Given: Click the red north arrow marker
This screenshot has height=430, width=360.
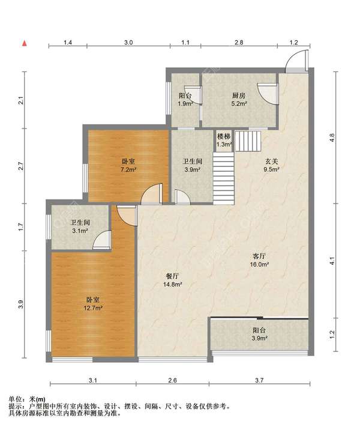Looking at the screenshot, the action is pos(25,43).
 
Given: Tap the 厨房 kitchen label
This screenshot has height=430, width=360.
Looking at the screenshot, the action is pos(239,95).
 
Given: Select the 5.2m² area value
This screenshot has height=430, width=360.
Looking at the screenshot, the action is pos(239,104).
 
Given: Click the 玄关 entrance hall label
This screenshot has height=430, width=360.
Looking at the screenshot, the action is pos(271,162).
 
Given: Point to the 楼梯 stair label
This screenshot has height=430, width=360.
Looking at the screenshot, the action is pos(224,136).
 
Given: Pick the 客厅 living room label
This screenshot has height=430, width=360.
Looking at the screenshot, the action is pos(259,256).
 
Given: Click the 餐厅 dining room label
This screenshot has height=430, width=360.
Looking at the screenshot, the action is pos(173,276).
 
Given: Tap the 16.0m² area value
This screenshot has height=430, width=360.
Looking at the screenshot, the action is pos(259,265).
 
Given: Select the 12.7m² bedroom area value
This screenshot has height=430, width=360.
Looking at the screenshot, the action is pos(93,308).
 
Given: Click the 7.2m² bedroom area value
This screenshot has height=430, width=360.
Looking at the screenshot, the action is pos(129,170).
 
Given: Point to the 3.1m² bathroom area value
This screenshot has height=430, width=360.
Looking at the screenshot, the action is pos(80,231).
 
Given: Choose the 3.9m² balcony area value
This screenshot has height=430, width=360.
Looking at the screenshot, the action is pos(259,338).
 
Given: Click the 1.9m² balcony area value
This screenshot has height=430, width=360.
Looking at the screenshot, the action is pos(186,104).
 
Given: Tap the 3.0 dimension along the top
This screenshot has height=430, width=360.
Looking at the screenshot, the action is pos(128,43).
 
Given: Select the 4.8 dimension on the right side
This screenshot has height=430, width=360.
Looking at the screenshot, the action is pos(332,138).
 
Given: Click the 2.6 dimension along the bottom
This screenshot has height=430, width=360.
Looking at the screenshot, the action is pos(173,380).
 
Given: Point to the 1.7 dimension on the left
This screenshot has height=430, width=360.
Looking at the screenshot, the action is pos(22,227).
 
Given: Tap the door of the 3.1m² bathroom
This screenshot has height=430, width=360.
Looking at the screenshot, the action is pos(102,240).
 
